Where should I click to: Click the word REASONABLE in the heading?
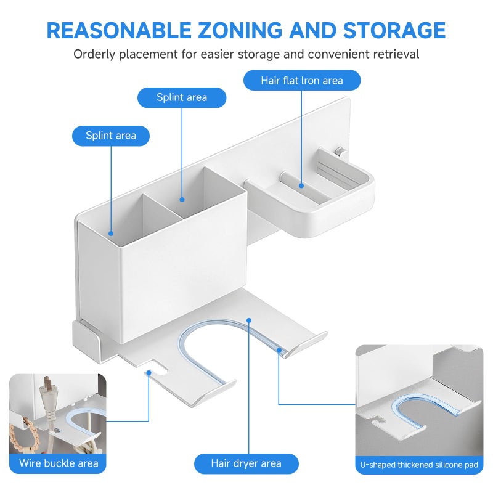click(x=119, y=30)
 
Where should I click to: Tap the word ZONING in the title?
click(x=240, y=30)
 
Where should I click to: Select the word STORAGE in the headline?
click(x=394, y=30)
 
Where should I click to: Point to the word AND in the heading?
click(x=312, y=30)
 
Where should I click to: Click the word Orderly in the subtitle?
click(x=94, y=54)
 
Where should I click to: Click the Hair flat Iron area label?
click(x=302, y=81)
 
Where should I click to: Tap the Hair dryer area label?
click(x=246, y=463)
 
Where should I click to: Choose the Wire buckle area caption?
click(x=59, y=463)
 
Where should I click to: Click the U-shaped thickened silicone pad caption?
click(x=419, y=465)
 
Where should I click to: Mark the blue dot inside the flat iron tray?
click(x=301, y=186)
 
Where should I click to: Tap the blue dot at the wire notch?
click(x=149, y=373)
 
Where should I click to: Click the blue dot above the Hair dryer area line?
click(x=249, y=320)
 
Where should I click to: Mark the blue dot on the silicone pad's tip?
click(x=279, y=350)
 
